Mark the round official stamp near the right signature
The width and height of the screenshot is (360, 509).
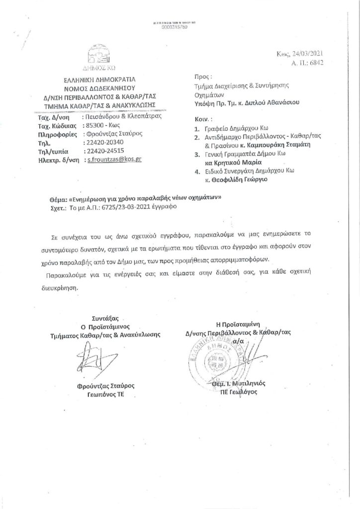[x=210, y=357]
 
